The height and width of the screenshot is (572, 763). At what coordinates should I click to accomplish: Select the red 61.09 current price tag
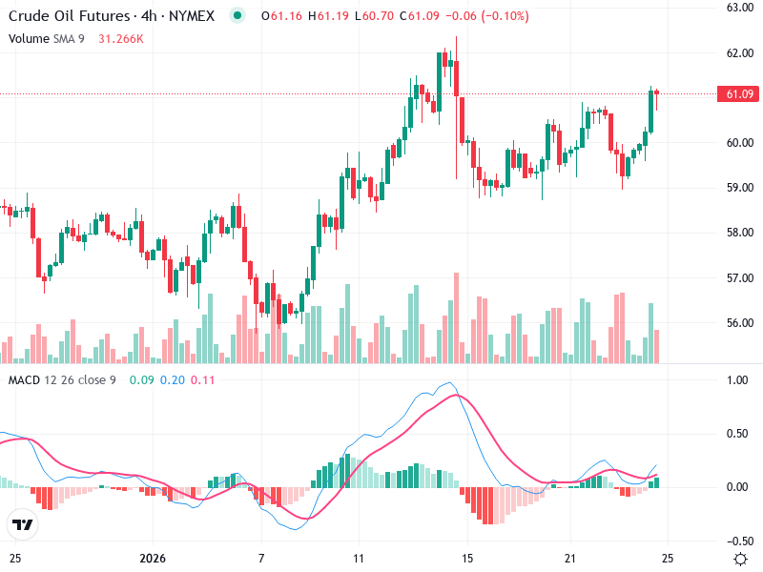[740, 93]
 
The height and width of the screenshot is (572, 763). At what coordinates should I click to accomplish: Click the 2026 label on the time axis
[153, 557]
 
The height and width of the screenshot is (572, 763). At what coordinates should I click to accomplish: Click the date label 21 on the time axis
[570, 557]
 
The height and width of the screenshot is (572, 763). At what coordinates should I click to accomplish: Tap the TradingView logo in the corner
[22, 524]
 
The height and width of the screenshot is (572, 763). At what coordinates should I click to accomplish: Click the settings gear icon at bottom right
[740, 558]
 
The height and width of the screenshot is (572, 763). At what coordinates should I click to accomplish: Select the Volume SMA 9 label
[48, 38]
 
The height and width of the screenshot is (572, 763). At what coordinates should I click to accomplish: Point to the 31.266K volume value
[121, 38]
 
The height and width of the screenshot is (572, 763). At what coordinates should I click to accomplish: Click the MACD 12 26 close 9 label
[62, 380]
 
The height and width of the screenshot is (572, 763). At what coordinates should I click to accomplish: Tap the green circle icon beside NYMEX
[237, 15]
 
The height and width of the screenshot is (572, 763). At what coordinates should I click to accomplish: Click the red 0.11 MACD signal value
[203, 380]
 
